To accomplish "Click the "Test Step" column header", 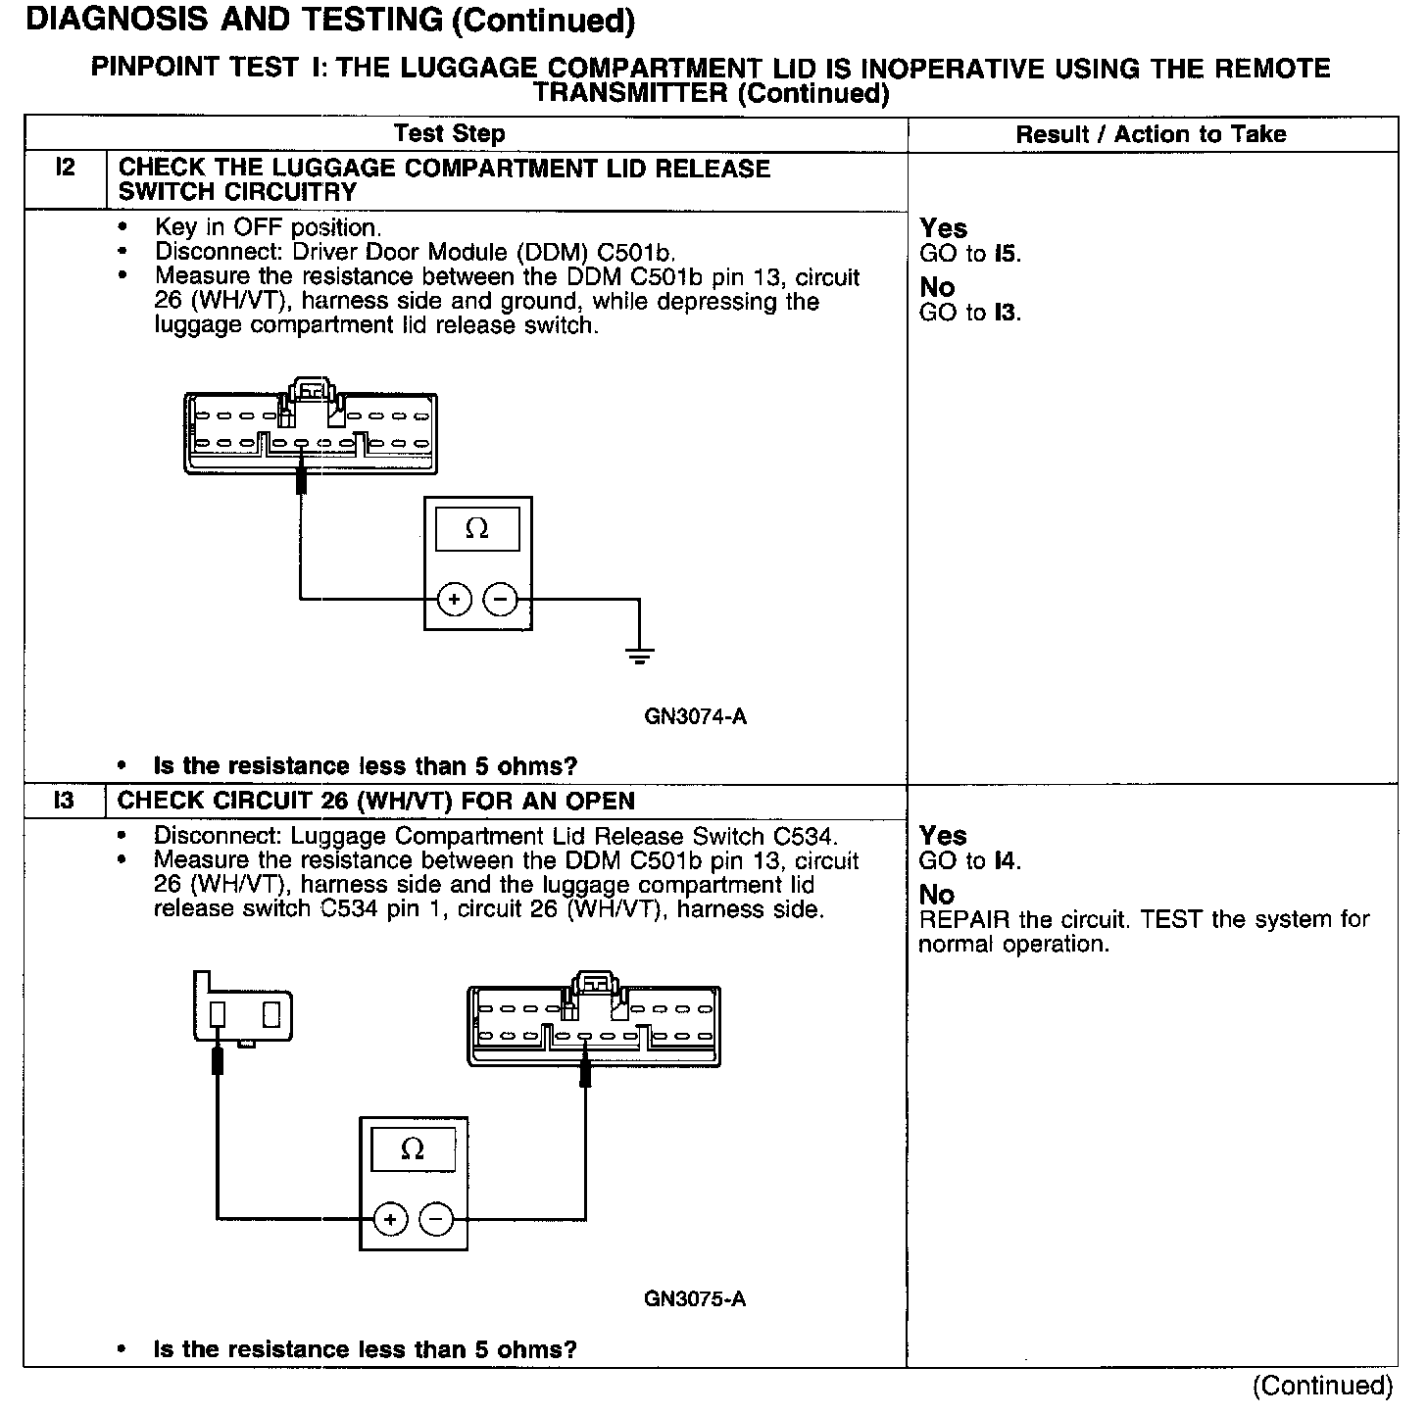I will (x=449, y=134).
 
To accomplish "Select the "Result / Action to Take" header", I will (x=1151, y=134).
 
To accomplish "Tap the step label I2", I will (x=65, y=168).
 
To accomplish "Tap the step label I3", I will (x=64, y=801).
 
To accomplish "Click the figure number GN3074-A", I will (x=695, y=716).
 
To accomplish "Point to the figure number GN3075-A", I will (x=695, y=1299).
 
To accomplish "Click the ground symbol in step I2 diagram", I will (x=639, y=656).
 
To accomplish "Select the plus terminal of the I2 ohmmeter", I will (x=454, y=599).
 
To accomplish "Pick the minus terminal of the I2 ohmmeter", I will (x=501, y=599).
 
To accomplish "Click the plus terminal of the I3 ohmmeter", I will (x=390, y=1219).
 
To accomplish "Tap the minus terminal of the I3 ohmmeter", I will (x=437, y=1219).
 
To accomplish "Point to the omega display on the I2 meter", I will (x=477, y=528).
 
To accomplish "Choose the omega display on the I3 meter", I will (x=413, y=1149).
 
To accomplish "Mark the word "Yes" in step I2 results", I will (x=944, y=228).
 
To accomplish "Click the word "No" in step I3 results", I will (x=937, y=895).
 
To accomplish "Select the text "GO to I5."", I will (x=970, y=254).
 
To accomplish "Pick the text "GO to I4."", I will (x=970, y=861).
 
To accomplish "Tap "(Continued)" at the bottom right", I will (x=1322, y=1386).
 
